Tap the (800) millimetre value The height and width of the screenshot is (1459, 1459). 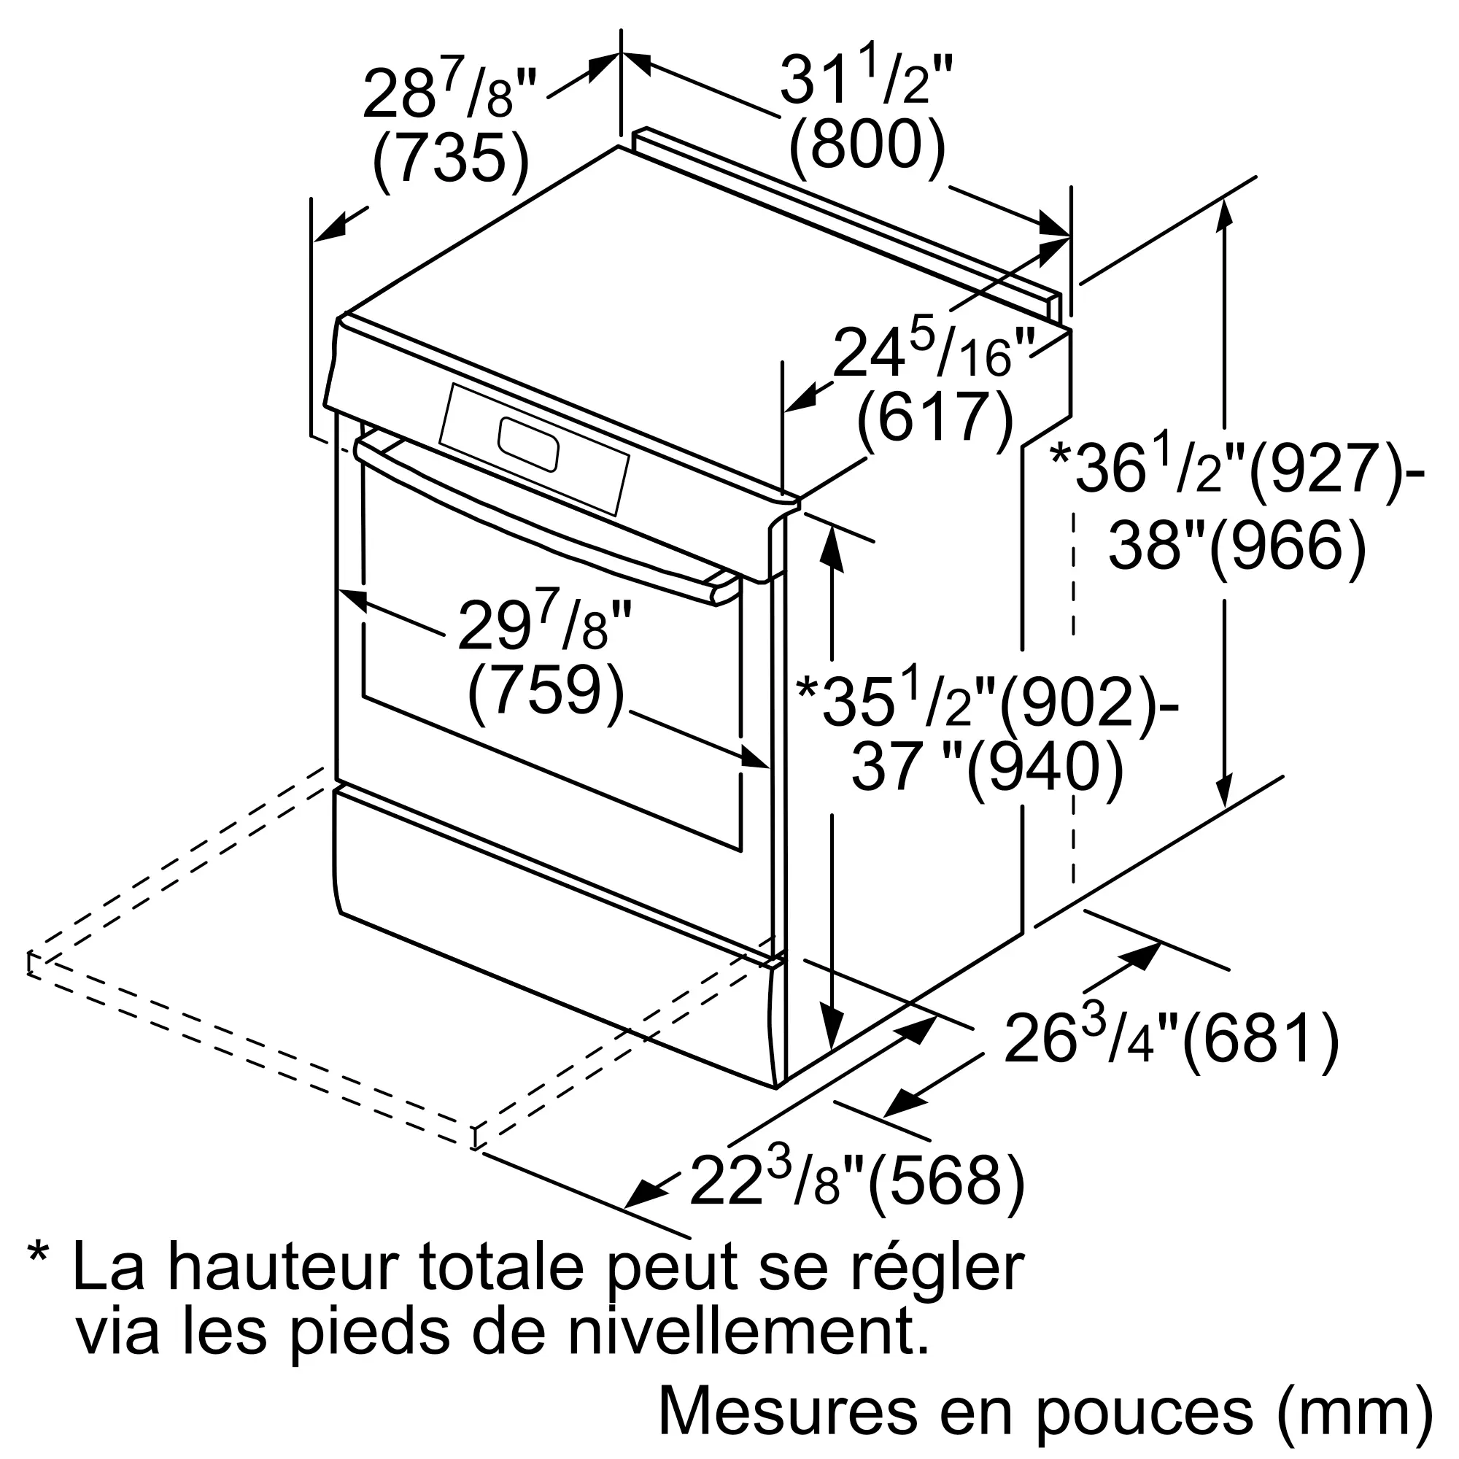click(867, 146)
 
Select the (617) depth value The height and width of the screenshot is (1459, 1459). click(935, 421)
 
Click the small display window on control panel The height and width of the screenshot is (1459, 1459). click(528, 445)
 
